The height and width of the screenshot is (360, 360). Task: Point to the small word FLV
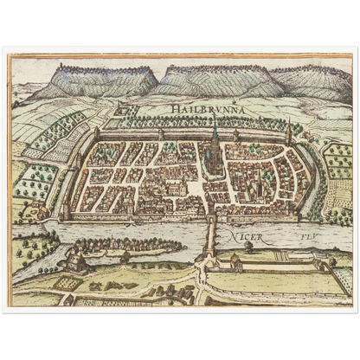pos(307,233)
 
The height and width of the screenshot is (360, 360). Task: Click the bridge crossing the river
pos(209,234)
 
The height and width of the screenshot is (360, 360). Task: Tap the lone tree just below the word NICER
pos(249,247)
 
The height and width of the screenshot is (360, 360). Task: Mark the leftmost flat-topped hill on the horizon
pos(95,80)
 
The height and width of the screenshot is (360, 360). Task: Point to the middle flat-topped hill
pos(208,80)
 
